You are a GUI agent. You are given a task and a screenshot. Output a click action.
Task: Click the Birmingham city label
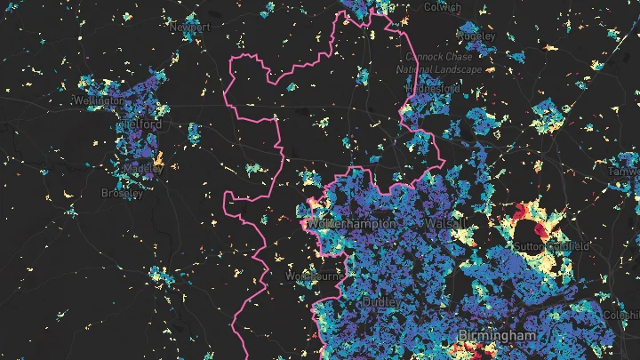(498, 336)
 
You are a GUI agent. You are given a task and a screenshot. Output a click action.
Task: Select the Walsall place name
(446, 222)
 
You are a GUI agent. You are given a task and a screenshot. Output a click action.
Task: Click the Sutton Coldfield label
(554, 244)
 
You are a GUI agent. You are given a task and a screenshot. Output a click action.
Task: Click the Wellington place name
(100, 101)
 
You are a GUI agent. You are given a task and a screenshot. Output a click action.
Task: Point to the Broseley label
(122, 193)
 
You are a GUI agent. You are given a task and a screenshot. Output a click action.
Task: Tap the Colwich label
(442, 7)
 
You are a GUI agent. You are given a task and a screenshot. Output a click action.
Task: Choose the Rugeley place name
(476, 36)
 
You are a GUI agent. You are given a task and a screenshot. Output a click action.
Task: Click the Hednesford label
(432, 89)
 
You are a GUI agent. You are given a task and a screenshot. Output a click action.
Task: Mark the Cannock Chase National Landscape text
(439, 62)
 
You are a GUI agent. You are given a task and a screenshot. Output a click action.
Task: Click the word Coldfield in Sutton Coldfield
(569, 244)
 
